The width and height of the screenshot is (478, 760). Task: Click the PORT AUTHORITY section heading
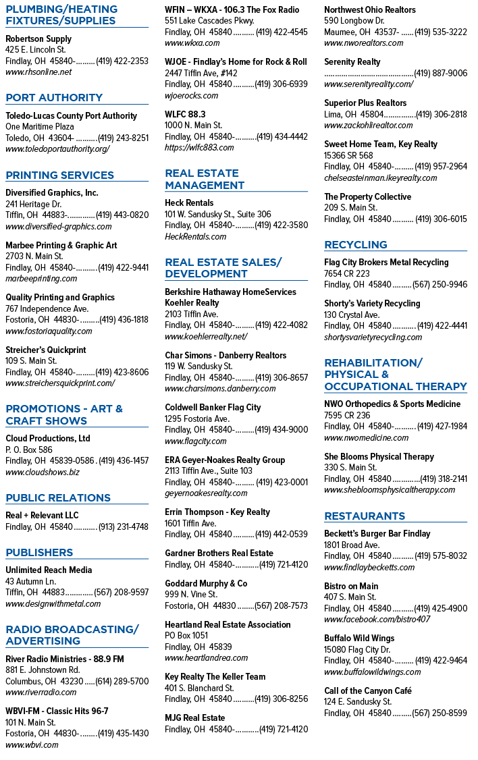(x=54, y=97)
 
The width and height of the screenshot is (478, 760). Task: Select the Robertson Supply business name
(x=38, y=38)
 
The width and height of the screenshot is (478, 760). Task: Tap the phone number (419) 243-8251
(x=123, y=138)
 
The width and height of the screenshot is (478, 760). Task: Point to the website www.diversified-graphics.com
(x=58, y=226)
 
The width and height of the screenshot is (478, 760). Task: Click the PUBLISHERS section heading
(x=39, y=553)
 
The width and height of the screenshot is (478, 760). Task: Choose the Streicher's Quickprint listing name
(x=45, y=350)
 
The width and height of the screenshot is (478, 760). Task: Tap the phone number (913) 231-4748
(x=123, y=527)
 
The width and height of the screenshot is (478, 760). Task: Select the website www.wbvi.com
(x=32, y=745)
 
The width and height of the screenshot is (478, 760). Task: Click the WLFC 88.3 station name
(x=185, y=114)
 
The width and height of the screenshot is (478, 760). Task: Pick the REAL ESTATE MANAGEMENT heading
(x=205, y=179)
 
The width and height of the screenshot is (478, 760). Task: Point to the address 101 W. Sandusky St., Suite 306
(x=217, y=214)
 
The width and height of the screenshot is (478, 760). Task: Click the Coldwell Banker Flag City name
(x=213, y=408)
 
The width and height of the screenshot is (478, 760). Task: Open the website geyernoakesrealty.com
(x=206, y=493)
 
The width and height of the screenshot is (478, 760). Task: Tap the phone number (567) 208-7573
(x=281, y=606)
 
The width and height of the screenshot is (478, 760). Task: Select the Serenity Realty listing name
(x=352, y=62)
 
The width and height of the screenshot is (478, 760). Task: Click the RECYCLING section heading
(x=356, y=245)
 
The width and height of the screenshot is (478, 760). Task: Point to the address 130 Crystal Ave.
(x=352, y=315)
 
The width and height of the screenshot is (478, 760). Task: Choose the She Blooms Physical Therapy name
(x=379, y=456)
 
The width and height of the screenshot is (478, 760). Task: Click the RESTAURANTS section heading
(x=365, y=516)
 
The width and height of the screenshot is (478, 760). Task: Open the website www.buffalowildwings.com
(x=372, y=672)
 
